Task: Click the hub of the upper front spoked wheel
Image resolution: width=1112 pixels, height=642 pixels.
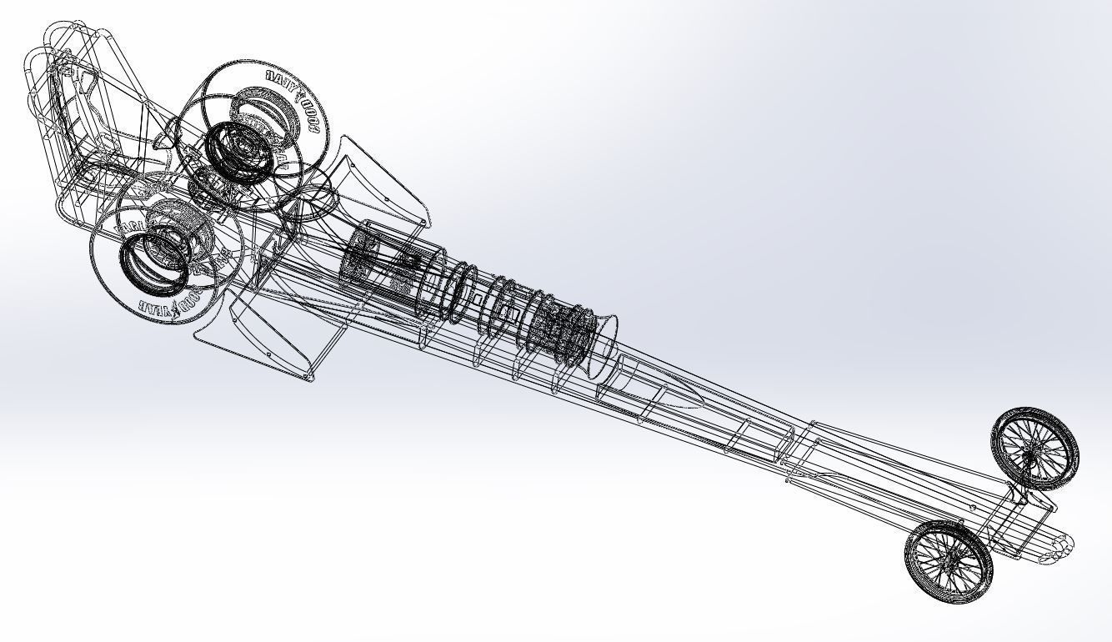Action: click(x=1034, y=449)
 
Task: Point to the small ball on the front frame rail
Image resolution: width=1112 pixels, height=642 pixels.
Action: click(x=972, y=508)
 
